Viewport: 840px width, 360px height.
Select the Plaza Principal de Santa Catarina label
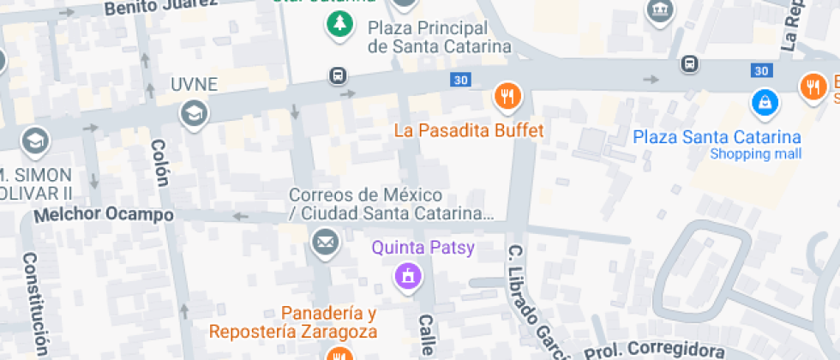(x=439, y=38)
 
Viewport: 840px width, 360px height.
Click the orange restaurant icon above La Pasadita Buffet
(x=507, y=96)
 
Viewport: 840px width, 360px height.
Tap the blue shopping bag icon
(x=763, y=104)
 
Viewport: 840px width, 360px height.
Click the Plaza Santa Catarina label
(x=717, y=137)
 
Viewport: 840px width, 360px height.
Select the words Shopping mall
(x=756, y=154)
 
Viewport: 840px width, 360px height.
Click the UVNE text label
(x=194, y=85)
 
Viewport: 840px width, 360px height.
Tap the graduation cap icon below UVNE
(x=194, y=112)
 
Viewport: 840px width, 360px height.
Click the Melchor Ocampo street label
(x=103, y=215)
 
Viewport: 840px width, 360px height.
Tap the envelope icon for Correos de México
(x=325, y=243)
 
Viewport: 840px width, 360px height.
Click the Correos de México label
(x=391, y=204)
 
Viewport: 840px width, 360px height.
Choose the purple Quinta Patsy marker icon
(x=407, y=276)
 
